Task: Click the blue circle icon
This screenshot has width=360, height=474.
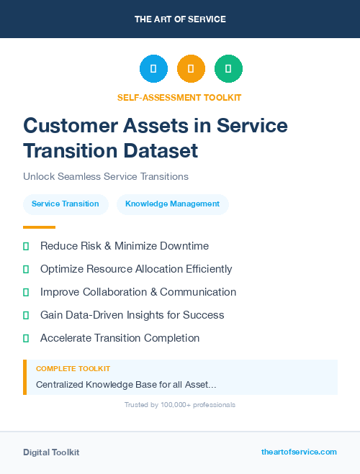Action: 153,68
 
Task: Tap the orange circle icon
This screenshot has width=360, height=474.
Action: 191,68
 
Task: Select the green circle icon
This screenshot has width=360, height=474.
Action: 228,68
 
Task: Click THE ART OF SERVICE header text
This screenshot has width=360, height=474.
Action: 180,19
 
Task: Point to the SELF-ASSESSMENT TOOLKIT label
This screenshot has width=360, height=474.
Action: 179,97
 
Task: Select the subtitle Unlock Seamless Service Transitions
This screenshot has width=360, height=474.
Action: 106,176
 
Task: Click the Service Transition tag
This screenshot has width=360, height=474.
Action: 66,204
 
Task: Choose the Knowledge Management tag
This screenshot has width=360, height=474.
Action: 172,204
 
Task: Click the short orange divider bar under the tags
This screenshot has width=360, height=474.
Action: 39,227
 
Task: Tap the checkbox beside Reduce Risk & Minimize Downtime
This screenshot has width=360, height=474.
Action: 26,247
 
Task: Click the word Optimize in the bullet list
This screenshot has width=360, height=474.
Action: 63,269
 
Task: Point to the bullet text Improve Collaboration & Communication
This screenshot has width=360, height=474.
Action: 138,292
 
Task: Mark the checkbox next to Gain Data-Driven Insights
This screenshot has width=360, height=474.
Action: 26,315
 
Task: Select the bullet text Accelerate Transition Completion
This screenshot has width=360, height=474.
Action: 120,338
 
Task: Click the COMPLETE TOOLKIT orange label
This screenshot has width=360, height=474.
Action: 73,369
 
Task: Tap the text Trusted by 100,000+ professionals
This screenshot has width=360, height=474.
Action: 180,405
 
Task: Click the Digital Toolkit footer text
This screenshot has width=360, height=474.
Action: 51,452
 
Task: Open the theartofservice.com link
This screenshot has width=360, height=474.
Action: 299,452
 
